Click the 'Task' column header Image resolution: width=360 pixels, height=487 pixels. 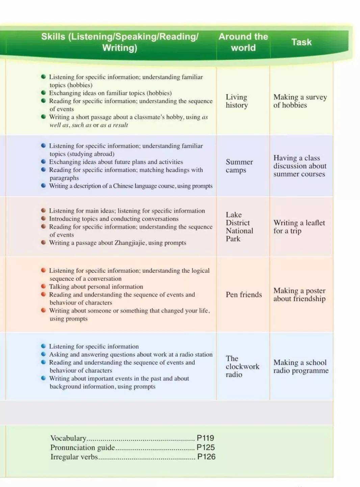pos(301,42)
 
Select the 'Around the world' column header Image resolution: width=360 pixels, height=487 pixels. pos(243,42)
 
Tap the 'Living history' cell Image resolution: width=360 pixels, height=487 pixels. pos(237,101)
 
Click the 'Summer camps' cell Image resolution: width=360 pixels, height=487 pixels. pos(239,166)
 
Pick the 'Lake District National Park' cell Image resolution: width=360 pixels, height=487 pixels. pos(239,227)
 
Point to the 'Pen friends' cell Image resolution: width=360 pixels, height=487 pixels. pos(243,295)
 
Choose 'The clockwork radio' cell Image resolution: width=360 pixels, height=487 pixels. pos(242,366)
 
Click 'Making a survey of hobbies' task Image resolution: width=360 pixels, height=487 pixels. pos(300,101)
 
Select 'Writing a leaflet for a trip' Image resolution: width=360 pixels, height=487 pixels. pos(299,227)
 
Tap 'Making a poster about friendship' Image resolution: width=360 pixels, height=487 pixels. pos(299,295)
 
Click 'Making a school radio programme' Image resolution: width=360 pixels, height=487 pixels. pos(301,366)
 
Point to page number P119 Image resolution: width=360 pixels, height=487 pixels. pos(205,438)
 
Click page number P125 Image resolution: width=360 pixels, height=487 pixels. pos(205,447)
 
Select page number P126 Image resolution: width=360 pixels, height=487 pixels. pos(206,457)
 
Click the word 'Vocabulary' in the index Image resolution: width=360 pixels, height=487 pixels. pos(68,438)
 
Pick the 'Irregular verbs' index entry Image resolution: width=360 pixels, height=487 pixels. pos(74,457)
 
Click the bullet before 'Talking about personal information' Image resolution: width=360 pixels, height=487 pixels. pos(43,286)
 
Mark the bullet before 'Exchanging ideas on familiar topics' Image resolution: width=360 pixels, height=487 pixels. pos(43,93)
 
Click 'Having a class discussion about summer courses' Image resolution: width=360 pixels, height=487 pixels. pos(300,166)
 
